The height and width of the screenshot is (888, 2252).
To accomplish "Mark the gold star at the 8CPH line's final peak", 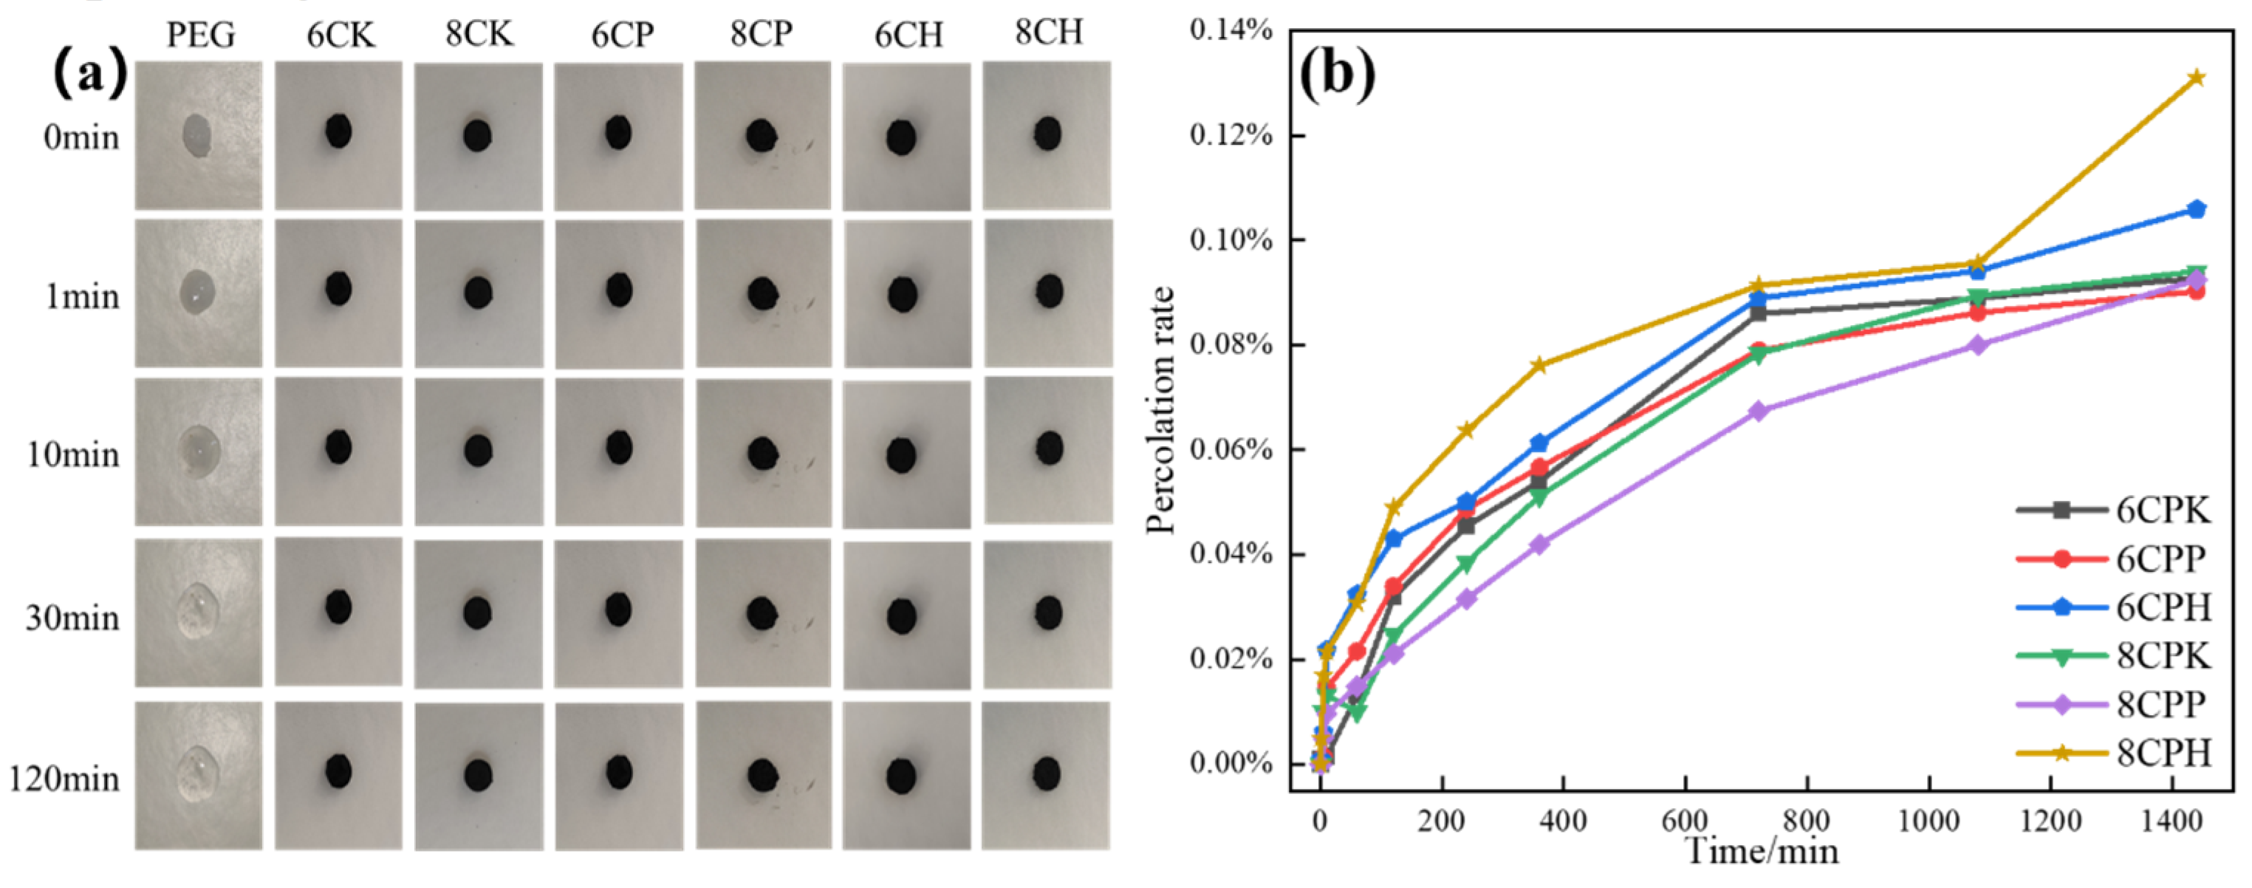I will point(2196,78).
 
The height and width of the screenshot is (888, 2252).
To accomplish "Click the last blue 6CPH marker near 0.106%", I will point(2196,209).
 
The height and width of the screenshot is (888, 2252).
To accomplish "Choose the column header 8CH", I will point(1048,33).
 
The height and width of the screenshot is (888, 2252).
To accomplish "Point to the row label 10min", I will point(72,455).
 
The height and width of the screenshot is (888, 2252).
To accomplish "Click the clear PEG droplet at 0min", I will point(196,135).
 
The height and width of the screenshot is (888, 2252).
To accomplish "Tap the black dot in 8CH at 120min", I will point(1047,773).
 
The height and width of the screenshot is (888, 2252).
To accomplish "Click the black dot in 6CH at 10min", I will point(901,455).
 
